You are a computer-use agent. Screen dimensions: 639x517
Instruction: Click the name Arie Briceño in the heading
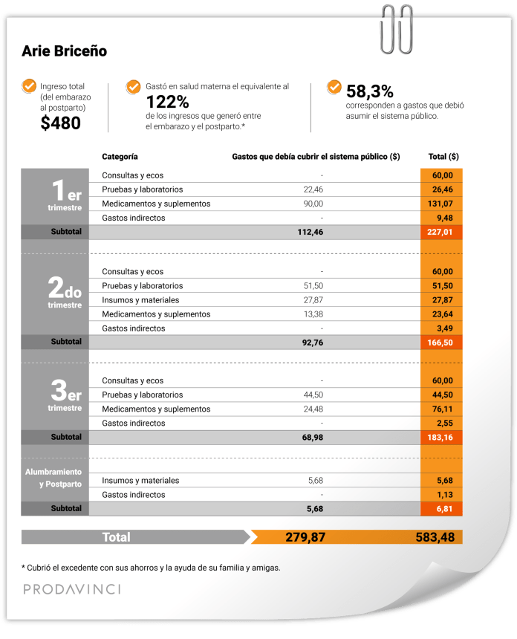[65, 51]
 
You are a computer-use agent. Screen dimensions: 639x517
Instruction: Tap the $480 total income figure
[61, 124]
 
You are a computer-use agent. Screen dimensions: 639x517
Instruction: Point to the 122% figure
[167, 103]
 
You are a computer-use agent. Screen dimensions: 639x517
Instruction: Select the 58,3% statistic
[370, 91]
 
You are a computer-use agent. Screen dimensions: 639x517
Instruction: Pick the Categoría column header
[120, 157]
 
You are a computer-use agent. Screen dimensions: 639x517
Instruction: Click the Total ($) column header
[443, 157]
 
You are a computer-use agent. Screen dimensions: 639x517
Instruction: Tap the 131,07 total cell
[442, 204]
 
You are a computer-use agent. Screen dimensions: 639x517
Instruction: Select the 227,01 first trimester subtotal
[442, 232]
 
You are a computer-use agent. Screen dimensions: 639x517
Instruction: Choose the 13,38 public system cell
[313, 314]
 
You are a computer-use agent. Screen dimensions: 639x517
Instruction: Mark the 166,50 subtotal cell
[442, 343]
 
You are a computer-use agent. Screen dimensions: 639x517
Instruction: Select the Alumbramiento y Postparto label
[53, 478]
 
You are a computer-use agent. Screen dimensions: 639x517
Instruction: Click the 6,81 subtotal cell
[444, 509]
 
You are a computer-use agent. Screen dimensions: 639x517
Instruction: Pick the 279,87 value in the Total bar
[305, 537]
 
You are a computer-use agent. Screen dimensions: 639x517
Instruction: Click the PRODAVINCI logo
[71, 589]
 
